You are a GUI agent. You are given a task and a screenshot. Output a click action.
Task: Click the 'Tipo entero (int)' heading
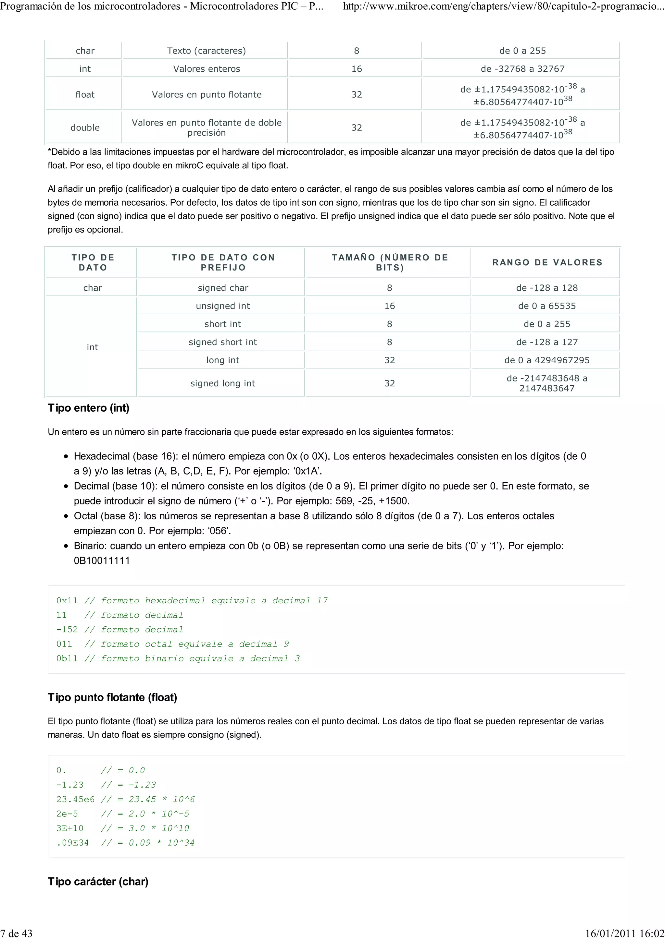[89, 408]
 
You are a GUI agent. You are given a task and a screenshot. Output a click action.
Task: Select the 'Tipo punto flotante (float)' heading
[112, 697]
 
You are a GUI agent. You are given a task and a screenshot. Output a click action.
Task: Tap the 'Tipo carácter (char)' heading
[98, 882]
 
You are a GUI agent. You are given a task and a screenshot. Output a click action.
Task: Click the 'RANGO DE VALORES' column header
[547, 262]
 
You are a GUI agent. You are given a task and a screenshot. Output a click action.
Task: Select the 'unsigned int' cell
[222, 306]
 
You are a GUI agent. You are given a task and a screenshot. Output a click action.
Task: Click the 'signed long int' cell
[222, 383]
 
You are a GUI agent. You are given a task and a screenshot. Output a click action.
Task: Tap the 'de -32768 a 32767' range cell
[522, 69]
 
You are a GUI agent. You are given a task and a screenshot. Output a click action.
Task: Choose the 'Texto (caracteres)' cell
[206, 51]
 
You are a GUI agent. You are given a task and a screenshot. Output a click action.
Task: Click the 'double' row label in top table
[85, 128]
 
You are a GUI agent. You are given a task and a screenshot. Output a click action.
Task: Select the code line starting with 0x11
[192, 601]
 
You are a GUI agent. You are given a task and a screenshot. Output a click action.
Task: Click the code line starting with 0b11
[178, 658]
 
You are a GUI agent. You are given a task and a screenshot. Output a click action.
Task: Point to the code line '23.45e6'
[125, 799]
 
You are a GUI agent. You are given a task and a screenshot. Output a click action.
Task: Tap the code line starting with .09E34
[125, 843]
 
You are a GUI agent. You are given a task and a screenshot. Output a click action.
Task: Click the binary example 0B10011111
[102, 560]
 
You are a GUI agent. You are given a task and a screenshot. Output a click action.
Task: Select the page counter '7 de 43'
[16, 933]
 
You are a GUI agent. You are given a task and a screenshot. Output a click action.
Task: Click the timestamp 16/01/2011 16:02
[624, 933]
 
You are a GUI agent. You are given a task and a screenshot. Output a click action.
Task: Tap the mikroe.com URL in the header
[503, 6]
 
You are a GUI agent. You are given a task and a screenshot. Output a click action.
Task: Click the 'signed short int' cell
[222, 342]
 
